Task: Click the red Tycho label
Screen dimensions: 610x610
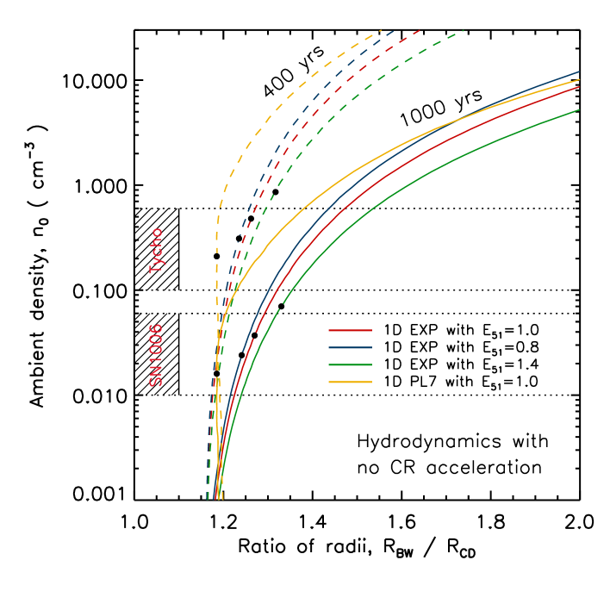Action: click(156, 251)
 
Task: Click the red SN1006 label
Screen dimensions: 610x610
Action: click(156, 355)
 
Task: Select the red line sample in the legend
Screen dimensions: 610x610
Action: click(350, 330)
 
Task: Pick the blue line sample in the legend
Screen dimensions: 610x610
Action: click(350, 347)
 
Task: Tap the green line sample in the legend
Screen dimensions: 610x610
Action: click(350, 364)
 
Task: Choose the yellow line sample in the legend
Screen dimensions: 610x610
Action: click(350, 382)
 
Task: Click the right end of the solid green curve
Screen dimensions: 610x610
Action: click(579, 109)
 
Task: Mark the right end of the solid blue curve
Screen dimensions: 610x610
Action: click(579, 72)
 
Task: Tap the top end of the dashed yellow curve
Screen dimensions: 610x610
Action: click(381, 31)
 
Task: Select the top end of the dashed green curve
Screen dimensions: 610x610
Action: click(464, 31)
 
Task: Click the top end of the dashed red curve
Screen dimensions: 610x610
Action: click(420, 30)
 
